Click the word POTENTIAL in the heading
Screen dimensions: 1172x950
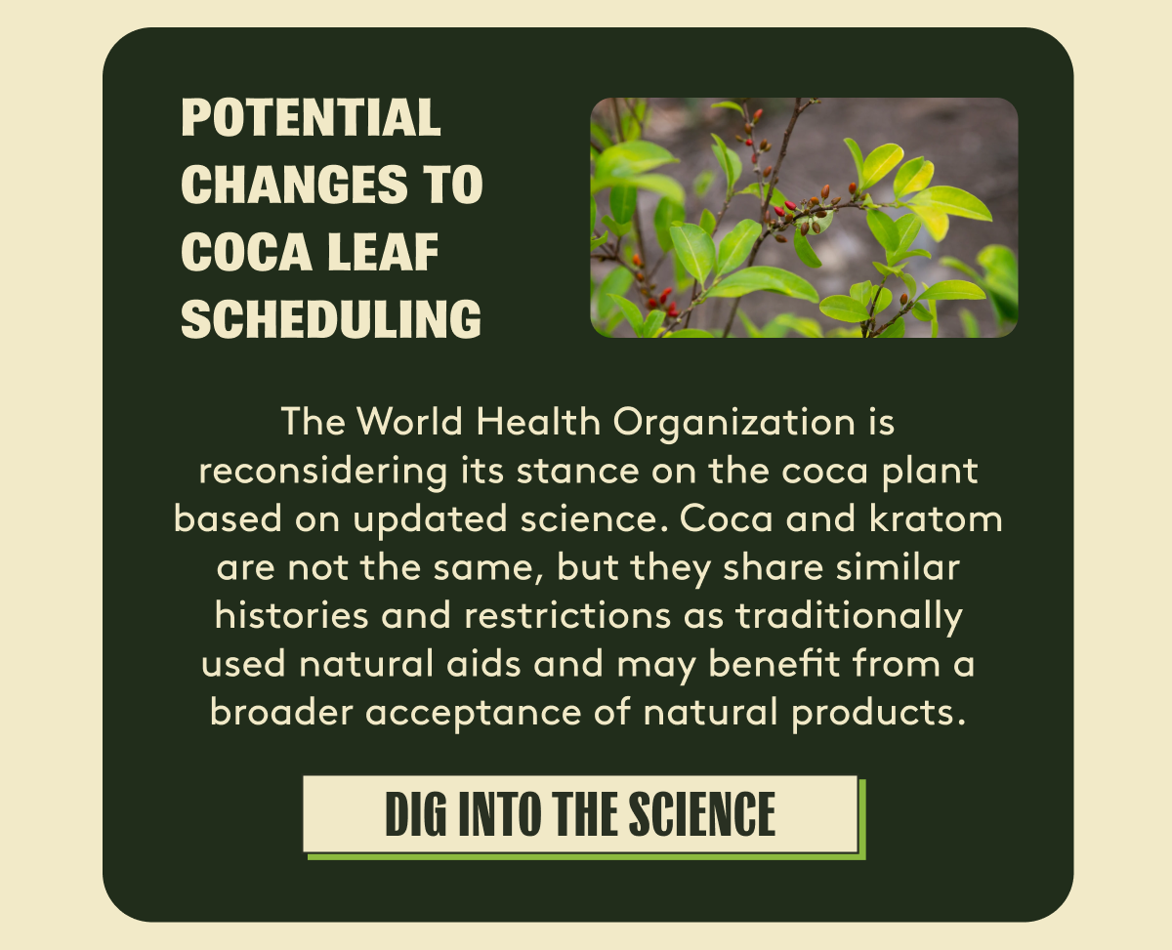311,117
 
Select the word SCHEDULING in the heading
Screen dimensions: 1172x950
331,319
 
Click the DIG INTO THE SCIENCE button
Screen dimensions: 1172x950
581,814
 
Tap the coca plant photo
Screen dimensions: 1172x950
804,218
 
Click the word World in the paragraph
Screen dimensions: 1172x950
409,423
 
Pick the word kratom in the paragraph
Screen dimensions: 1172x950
936,518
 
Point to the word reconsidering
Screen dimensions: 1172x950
323,472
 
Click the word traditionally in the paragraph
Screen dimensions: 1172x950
850,616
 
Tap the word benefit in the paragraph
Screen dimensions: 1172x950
774,663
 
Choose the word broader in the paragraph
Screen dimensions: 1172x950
281,712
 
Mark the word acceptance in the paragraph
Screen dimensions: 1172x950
474,714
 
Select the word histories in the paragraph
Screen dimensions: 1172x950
291,615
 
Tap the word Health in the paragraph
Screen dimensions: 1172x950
538,423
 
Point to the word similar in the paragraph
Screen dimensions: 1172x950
898,566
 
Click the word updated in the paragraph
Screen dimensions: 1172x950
430,519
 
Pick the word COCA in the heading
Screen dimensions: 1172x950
246,252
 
